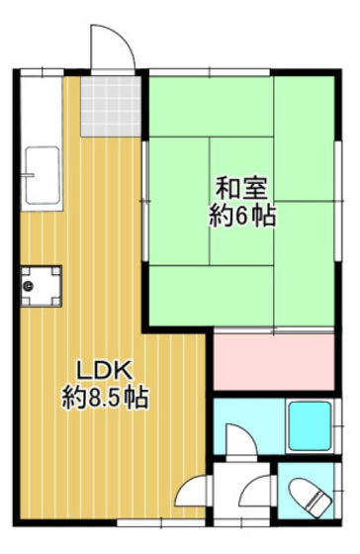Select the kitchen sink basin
pyautogui.click(x=42, y=176)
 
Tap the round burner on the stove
pyautogui.click(x=29, y=287)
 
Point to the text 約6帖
pyautogui.click(x=242, y=215)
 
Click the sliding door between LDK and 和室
pyautogui.click(x=145, y=198)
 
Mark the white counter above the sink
pyautogui.click(x=40, y=109)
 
